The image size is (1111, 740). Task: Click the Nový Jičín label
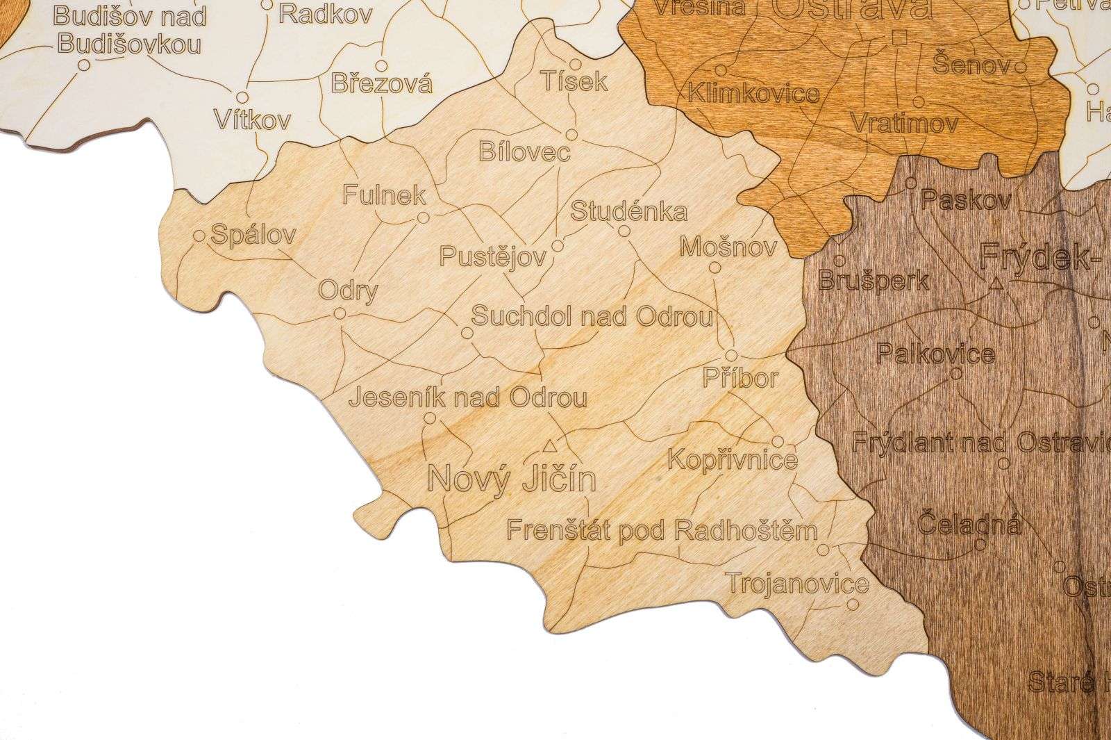coord(512,479)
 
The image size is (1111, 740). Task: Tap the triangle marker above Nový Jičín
coord(550,444)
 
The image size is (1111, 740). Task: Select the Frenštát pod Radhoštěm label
coord(661,531)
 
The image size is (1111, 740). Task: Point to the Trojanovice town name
coord(797,584)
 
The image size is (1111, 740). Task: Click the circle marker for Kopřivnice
coord(778,441)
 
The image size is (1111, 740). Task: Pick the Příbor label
coord(740,378)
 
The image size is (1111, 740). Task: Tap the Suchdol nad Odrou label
coord(592,317)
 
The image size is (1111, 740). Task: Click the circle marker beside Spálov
coord(199,236)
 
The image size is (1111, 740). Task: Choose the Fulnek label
coord(384,195)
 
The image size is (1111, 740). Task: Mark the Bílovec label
coord(524,151)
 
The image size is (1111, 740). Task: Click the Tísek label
coord(574,82)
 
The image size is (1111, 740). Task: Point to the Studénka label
coord(628,211)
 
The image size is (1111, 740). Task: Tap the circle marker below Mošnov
coord(715,268)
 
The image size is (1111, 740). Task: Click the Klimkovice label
coord(753,93)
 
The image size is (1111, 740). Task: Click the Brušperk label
coord(874,281)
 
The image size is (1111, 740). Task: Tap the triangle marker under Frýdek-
coord(996,283)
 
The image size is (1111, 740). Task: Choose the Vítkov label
coord(251,120)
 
